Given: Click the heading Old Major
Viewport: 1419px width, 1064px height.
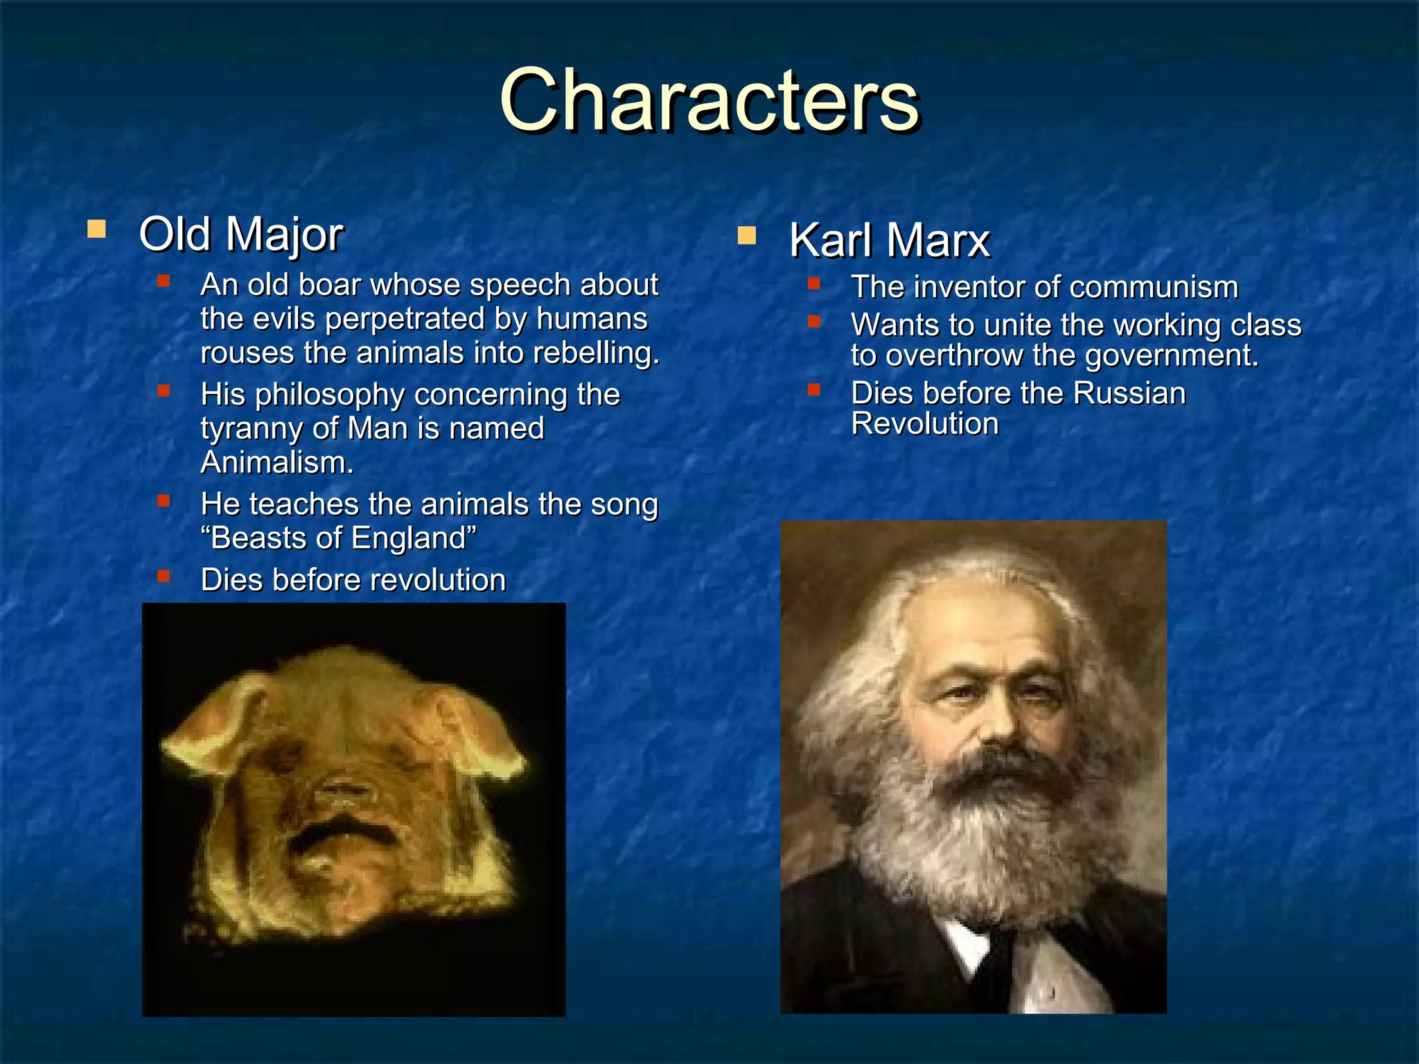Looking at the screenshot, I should pyautogui.click(x=240, y=234).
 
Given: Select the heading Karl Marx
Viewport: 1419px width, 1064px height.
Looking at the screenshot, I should pyautogui.click(x=890, y=240).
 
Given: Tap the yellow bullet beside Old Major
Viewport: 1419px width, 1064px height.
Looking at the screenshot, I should pyautogui.click(x=96, y=229).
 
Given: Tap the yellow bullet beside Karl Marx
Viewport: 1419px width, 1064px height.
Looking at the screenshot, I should pyautogui.click(x=746, y=236).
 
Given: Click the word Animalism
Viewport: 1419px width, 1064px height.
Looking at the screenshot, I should pyautogui.click(x=276, y=463).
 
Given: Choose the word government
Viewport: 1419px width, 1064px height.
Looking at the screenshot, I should pyautogui.click(x=1171, y=355).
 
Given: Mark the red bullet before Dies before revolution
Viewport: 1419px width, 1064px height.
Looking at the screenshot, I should pyautogui.click(x=164, y=576).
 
